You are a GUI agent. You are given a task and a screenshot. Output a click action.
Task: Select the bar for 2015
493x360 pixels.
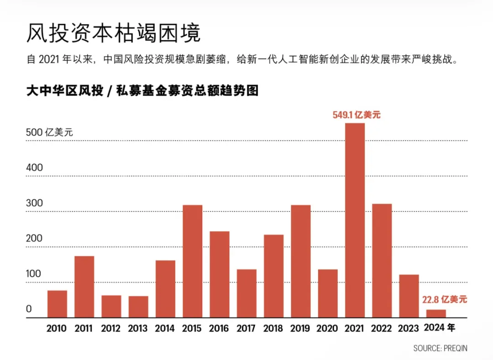[x=192, y=261]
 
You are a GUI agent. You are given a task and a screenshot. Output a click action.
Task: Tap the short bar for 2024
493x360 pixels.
[x=436, y=313]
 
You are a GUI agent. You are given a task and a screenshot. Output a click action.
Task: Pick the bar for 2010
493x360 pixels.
[x=57, y=304]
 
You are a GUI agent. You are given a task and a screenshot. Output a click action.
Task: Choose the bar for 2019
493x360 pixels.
[x=300, y=261]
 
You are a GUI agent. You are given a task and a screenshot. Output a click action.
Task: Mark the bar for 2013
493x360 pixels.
[x=138, y=307]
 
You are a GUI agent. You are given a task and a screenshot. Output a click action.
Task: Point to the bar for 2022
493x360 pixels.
[x=382, y=260]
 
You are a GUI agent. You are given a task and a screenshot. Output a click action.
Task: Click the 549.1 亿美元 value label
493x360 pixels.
[x=356, y=115]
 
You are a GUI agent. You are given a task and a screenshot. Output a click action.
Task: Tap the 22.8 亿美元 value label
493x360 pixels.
[x=444, y=300]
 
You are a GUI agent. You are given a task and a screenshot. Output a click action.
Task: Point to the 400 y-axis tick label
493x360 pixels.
[x=34, y=168]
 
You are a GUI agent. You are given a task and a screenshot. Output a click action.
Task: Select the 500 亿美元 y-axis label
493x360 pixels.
[x=49, y=132]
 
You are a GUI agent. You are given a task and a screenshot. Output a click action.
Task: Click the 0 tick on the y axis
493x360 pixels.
[x=29, y=309]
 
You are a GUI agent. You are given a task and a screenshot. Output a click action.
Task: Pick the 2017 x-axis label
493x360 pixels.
[x=246, y=328]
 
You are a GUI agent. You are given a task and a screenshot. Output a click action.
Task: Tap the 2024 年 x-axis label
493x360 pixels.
[x=439, y=328]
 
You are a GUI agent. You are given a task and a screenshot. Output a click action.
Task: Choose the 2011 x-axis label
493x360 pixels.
[x=84, y=328]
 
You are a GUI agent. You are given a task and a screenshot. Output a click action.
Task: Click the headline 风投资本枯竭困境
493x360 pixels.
[x=113, y=33]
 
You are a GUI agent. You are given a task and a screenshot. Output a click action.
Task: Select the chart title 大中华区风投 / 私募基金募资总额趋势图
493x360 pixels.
[x=142, y=90]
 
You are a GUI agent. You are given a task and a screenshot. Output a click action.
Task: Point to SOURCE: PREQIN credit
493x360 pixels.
[x=440, y=348]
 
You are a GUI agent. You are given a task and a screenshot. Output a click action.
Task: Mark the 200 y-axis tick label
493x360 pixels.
[x=34, y=238]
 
